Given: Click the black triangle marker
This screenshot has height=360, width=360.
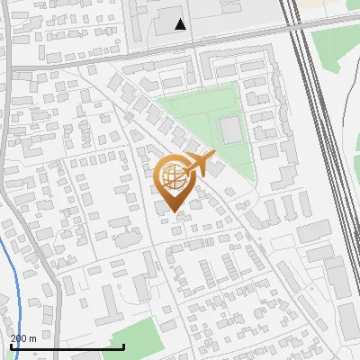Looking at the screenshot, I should pos(181,24).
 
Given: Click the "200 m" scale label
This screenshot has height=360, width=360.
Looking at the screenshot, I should pos(23,338).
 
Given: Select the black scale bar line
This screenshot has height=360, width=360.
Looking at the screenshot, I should pos(67,346).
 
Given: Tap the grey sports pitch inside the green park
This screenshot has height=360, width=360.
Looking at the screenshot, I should pos(231,130).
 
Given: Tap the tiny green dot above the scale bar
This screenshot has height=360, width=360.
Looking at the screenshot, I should pos(118,288).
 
